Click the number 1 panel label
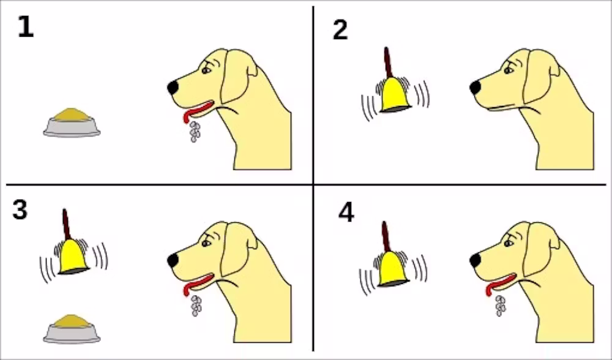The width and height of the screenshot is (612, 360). pos(26,27)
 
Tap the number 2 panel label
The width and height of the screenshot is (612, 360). pos(340,30)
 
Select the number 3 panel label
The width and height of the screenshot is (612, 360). pos(20,209)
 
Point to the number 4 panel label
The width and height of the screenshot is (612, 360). pos(346,213)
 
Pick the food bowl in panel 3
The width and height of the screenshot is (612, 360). pos(72,329)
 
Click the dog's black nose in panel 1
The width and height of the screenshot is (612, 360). pos(173,88)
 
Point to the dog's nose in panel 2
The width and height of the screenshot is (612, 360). pos(476,88)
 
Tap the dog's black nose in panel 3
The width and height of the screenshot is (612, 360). pos(173,260)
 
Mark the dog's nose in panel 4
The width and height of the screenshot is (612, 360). pos(476,260)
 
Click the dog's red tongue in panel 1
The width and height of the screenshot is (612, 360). pos(198,110)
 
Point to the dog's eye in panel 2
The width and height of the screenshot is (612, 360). pos(508,70)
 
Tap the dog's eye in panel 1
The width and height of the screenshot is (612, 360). pos(206,70)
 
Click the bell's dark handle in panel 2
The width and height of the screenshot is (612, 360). pos(387,62)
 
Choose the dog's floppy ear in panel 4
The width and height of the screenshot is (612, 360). pos(540,249)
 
